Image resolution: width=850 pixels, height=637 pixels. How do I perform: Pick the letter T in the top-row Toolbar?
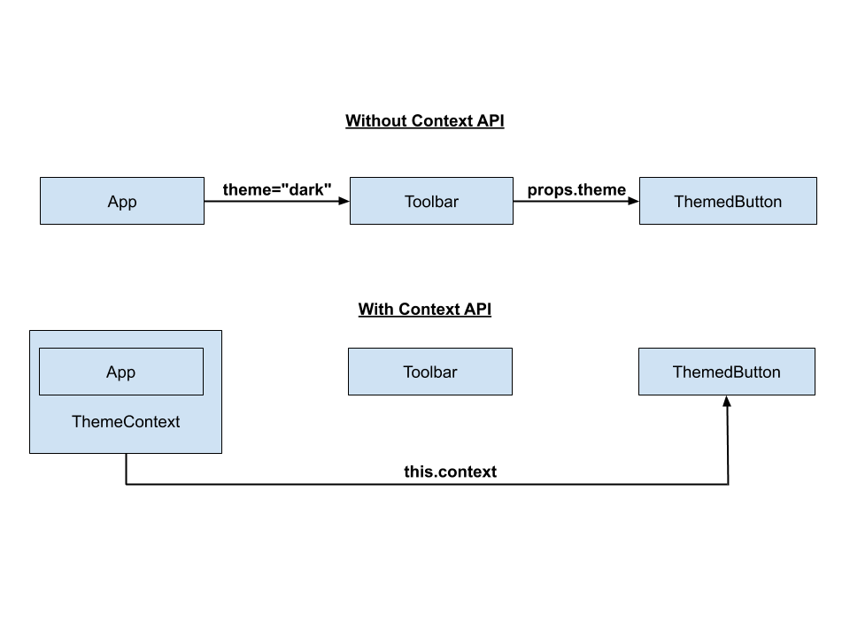point(409,202)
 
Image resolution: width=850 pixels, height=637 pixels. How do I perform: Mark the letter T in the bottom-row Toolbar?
point(407,372)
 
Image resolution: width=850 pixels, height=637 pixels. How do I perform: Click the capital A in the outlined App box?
point(112,372)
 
